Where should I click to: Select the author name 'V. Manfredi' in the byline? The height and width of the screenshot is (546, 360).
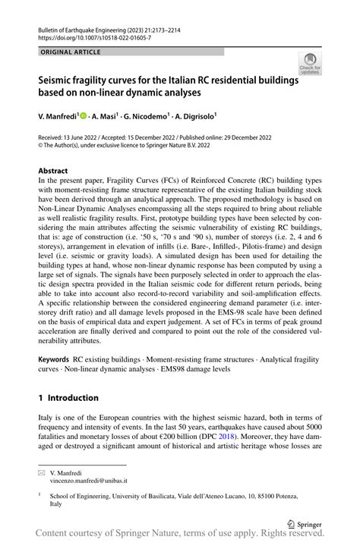tap(60, 118)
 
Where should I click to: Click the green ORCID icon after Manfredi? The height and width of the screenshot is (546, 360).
tap(85, 118)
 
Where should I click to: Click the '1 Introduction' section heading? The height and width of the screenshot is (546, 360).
tap(68, 397)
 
